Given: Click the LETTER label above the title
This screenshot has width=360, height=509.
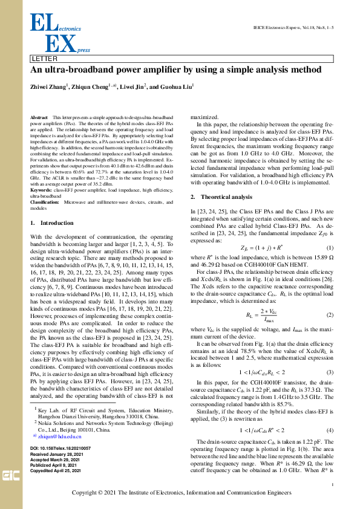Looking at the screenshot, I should point(45,59).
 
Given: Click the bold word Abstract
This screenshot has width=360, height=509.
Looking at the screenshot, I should point(39,115).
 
